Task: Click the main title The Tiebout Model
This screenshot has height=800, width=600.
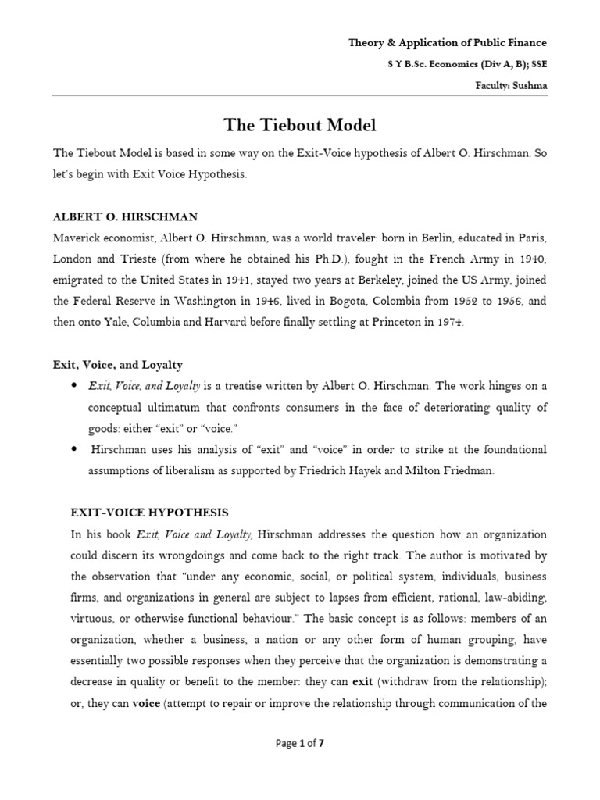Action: [299, 125]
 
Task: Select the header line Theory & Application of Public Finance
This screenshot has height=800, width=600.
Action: [448, 43]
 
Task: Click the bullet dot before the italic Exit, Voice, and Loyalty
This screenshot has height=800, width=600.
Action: [73, 386]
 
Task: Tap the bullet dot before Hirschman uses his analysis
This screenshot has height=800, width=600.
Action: [73, 450]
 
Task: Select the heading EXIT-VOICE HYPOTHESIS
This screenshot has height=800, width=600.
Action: [149, 512]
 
